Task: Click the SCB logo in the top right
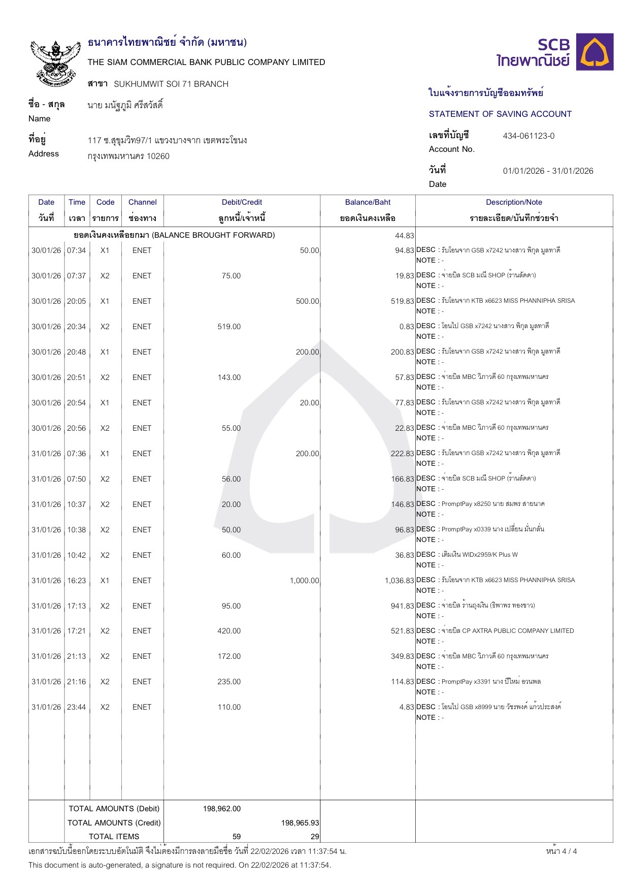point(555,52)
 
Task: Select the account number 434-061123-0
point(528,136)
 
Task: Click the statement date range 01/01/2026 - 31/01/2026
point(548,171)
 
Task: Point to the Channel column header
point(142,202)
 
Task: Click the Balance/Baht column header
point(368,202)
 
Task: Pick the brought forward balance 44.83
point(405,236)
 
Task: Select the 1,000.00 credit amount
point(304,581)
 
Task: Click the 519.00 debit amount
point(229,327)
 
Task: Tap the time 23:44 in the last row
point(77,707)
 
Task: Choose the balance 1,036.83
point(399,581)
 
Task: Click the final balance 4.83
point(407,707)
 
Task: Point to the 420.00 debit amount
point(229,631)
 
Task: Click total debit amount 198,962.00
point(222,809)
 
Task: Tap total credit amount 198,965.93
point(300,823)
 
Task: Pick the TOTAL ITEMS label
point(114,837)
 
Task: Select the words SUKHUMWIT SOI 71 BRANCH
point(171,84)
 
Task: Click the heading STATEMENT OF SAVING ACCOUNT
point(500,114)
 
